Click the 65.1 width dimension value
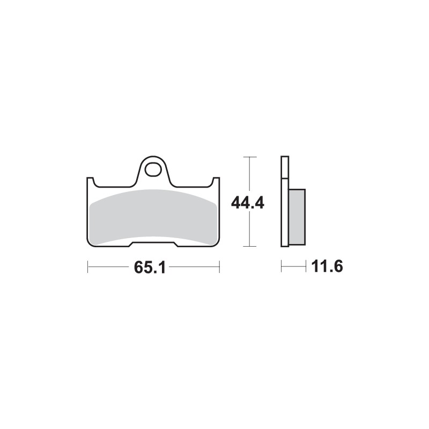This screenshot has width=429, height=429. tap(153, 267)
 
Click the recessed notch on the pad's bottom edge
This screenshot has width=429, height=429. tap(153, 245)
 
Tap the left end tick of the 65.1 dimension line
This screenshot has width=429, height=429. tap(88, 267)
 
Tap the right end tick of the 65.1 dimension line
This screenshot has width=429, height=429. tap(219, 267)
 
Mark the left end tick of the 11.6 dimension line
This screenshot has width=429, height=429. tap(282, 266)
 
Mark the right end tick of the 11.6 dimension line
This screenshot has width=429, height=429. tap(305, 266)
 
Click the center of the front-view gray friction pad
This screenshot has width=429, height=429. tap(153, 217)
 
